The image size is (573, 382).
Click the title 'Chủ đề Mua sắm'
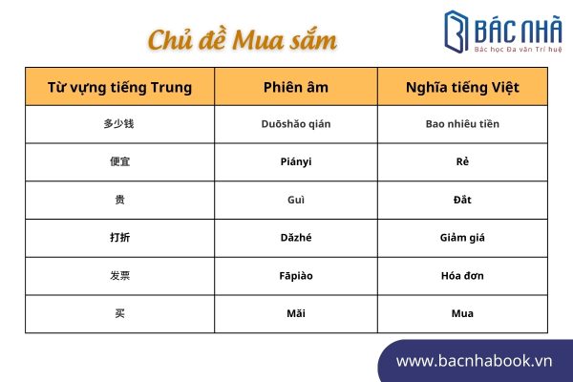(242, 39)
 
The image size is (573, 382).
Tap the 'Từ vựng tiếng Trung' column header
(120, 88)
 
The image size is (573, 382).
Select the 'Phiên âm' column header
(296, 87)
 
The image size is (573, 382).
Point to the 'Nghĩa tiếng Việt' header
(462, 88)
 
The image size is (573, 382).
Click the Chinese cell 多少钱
(118, 124)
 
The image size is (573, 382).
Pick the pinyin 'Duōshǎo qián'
(296, 124)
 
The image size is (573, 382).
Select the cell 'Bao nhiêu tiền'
(462, 124)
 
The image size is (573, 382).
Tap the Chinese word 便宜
(120, 161)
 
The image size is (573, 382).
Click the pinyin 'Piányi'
(296, 161)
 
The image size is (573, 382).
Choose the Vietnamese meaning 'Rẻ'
(462, 161)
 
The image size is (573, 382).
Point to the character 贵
(120, 200)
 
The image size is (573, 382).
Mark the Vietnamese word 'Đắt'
(462, 200)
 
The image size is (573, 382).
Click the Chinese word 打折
(120, 238)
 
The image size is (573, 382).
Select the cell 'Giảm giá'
(462, 238)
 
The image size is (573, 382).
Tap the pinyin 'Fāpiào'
(296, 276)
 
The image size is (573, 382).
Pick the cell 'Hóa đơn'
(462, 276)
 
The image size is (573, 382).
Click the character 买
(120, 313)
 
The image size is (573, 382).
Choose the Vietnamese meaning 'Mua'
(462, 313)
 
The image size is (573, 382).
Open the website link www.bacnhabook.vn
(474, 361)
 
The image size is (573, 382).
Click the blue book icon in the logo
(456, 32)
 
